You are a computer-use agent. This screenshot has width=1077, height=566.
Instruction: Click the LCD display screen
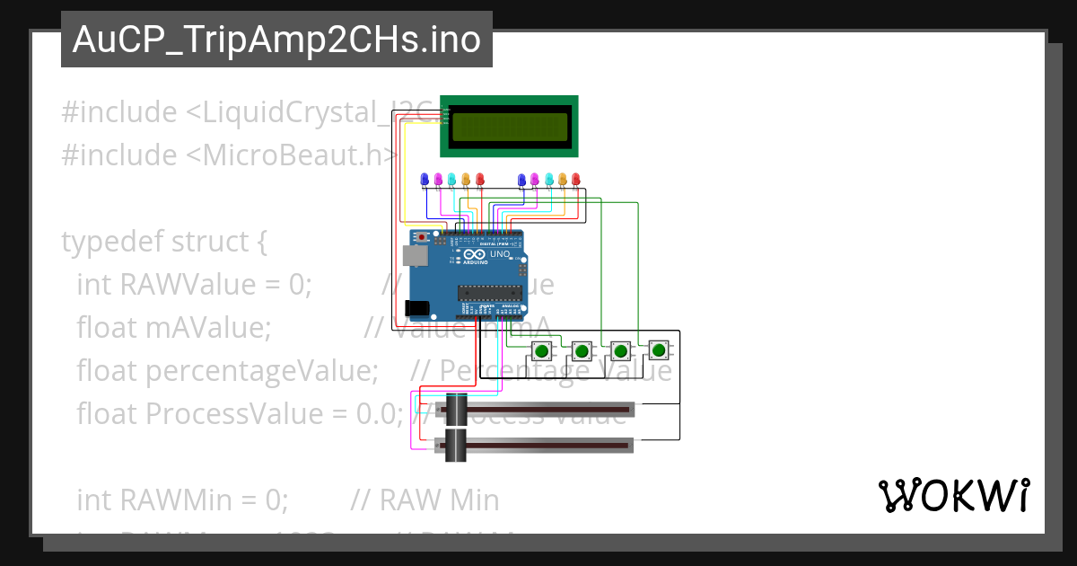point(509,126)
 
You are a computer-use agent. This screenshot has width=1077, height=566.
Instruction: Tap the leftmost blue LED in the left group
point(425,180)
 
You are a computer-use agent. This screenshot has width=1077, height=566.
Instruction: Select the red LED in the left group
point(479,180)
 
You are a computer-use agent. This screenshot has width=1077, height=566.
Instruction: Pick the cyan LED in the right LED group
point(548,180)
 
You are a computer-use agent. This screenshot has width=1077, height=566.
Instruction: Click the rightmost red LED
point(575,180)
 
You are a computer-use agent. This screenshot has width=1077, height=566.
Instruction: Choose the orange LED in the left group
point(466,180)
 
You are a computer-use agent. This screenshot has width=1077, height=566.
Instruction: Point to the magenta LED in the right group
point(535,180)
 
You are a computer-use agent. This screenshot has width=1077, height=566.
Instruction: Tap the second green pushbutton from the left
point(581,349)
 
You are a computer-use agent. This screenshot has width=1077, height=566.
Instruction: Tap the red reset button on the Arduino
point(422,238)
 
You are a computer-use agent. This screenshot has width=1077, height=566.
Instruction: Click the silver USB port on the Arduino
point(415,256)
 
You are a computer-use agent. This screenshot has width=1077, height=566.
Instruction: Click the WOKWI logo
point(953,495)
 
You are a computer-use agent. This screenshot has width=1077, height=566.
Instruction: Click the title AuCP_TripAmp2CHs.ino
point(276,40)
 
